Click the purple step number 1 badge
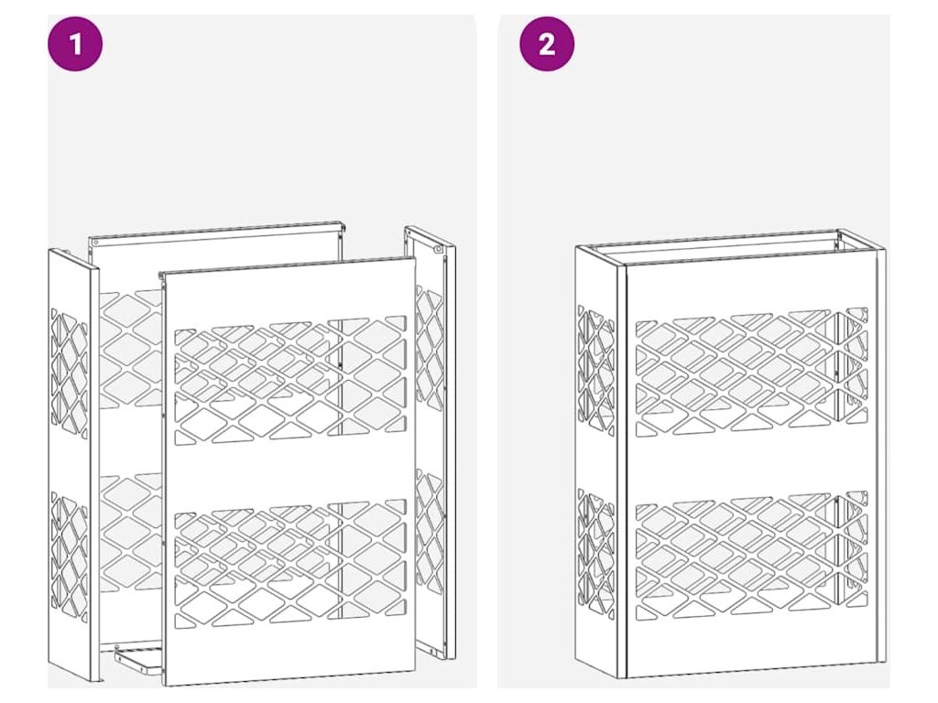pos(75,44)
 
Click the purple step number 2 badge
pos(547,44)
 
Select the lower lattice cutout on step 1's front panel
pos(290,564)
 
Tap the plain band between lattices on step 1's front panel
pos(289,472)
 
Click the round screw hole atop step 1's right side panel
pos(438,249)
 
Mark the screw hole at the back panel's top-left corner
pos(95,242)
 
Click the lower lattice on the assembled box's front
pos(751,556)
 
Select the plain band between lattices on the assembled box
pos(751,464)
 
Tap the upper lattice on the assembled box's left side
pos(596,368)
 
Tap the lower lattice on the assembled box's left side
pos(596,552)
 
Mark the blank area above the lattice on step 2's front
pos(751,286)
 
